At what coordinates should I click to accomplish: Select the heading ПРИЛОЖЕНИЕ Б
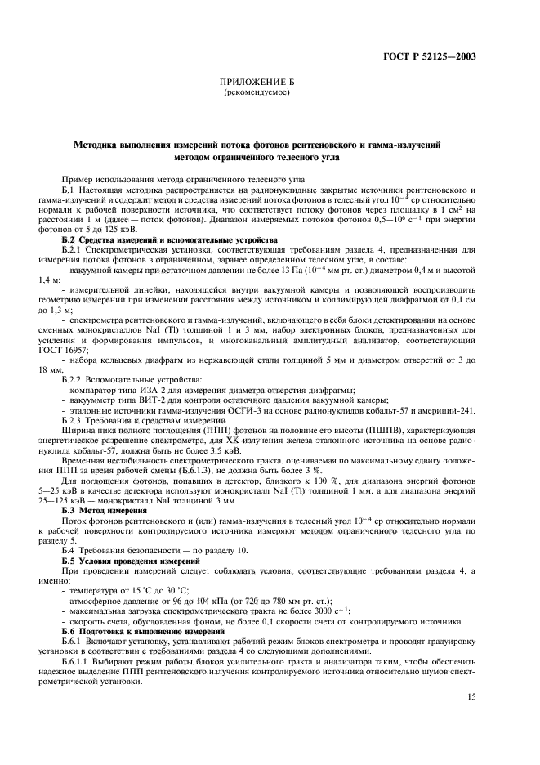tap(257, 83)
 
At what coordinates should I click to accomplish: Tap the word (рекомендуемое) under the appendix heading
tap(257, 92)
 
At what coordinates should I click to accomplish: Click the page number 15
tap(471, 696)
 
